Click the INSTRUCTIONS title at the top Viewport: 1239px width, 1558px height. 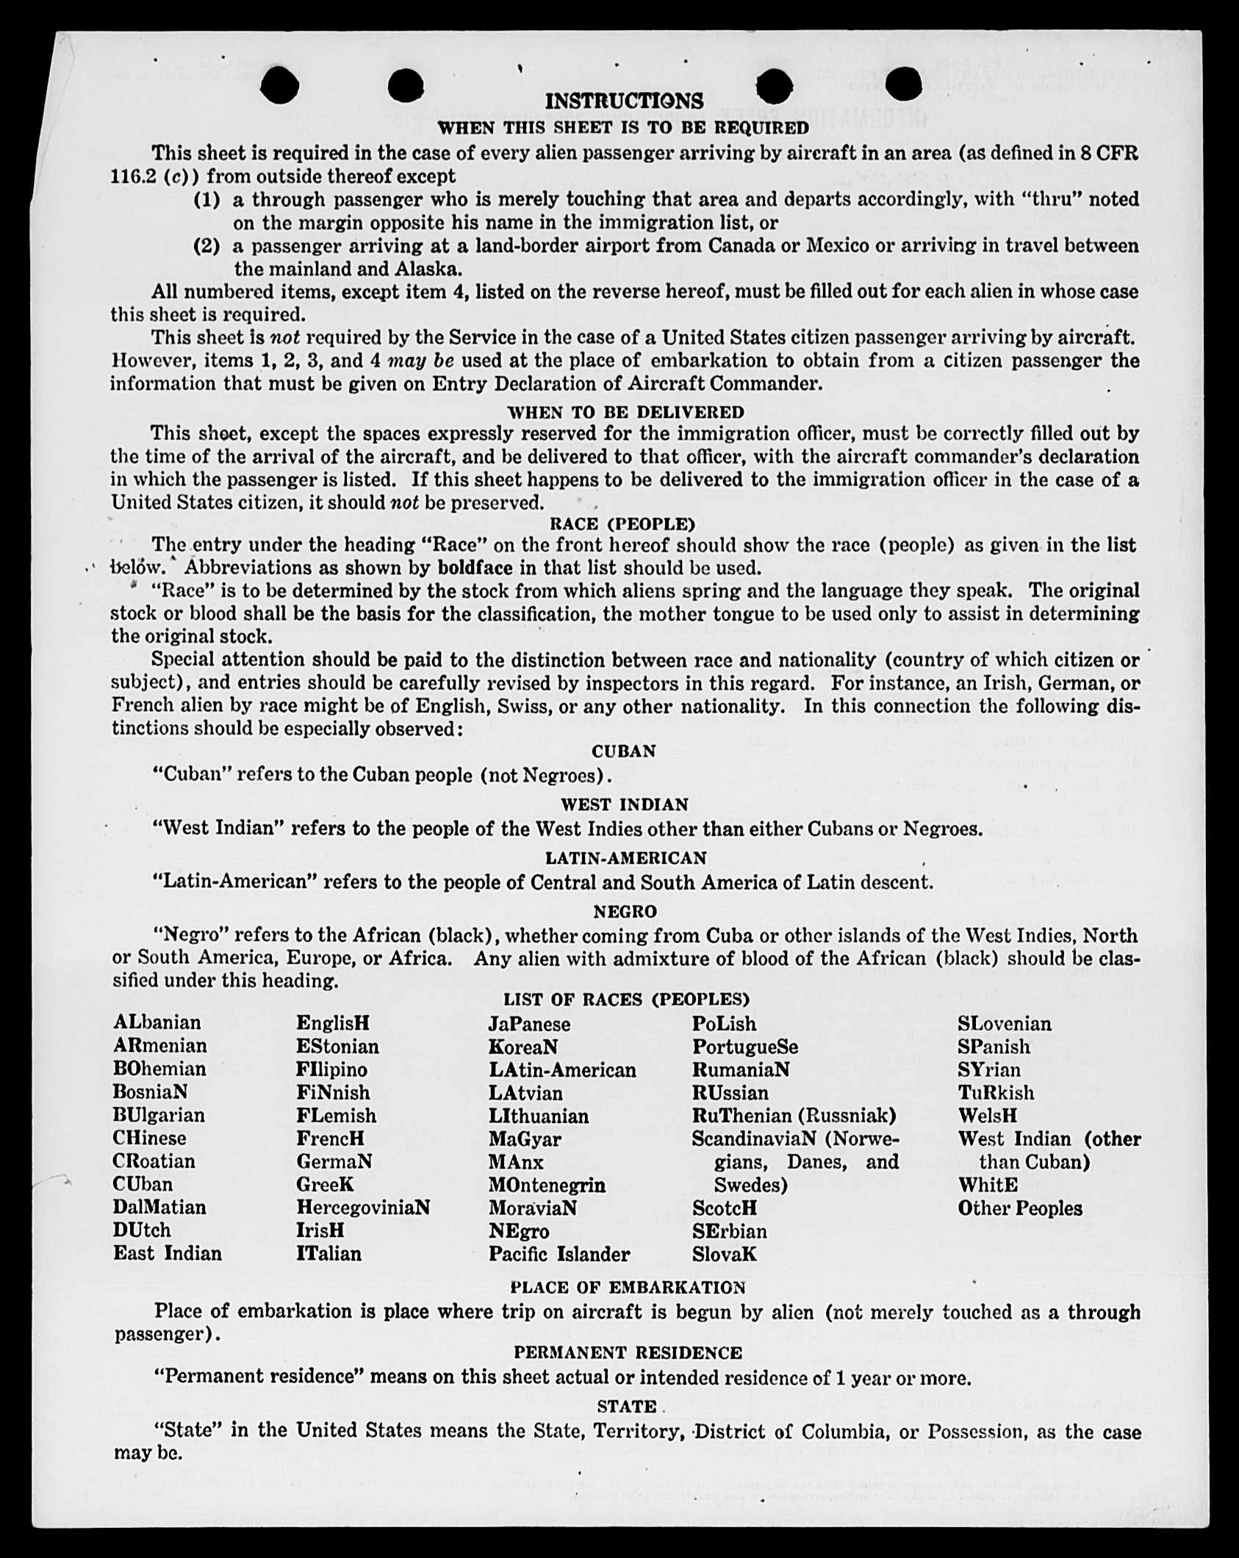pos(624,101)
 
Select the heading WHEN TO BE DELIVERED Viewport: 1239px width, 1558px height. pos(625,412)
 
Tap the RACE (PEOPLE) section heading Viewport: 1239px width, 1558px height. pos(622,524)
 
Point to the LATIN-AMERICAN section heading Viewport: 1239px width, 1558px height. pos(625,858)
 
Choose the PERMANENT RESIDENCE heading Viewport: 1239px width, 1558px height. pos(628,1352)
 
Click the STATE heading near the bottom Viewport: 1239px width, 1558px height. pos(626,1407)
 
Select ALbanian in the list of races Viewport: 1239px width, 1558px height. pos(157,1023)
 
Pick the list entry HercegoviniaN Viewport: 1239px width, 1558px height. pos(363,1208)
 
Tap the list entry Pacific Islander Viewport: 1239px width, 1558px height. pos(559,1254)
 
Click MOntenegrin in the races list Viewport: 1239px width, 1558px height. pos(547,1185)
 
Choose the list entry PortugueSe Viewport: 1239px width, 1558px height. pos(744,1047)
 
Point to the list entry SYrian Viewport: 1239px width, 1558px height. pos(989,1070)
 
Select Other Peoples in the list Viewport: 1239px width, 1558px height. pos(1019,1208)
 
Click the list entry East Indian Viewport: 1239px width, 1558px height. pos(168,1253)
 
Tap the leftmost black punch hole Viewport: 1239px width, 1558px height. pos(279,85)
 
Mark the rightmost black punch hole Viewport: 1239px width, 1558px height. pos(903,84)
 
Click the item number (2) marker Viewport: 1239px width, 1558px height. pos(206,245)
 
